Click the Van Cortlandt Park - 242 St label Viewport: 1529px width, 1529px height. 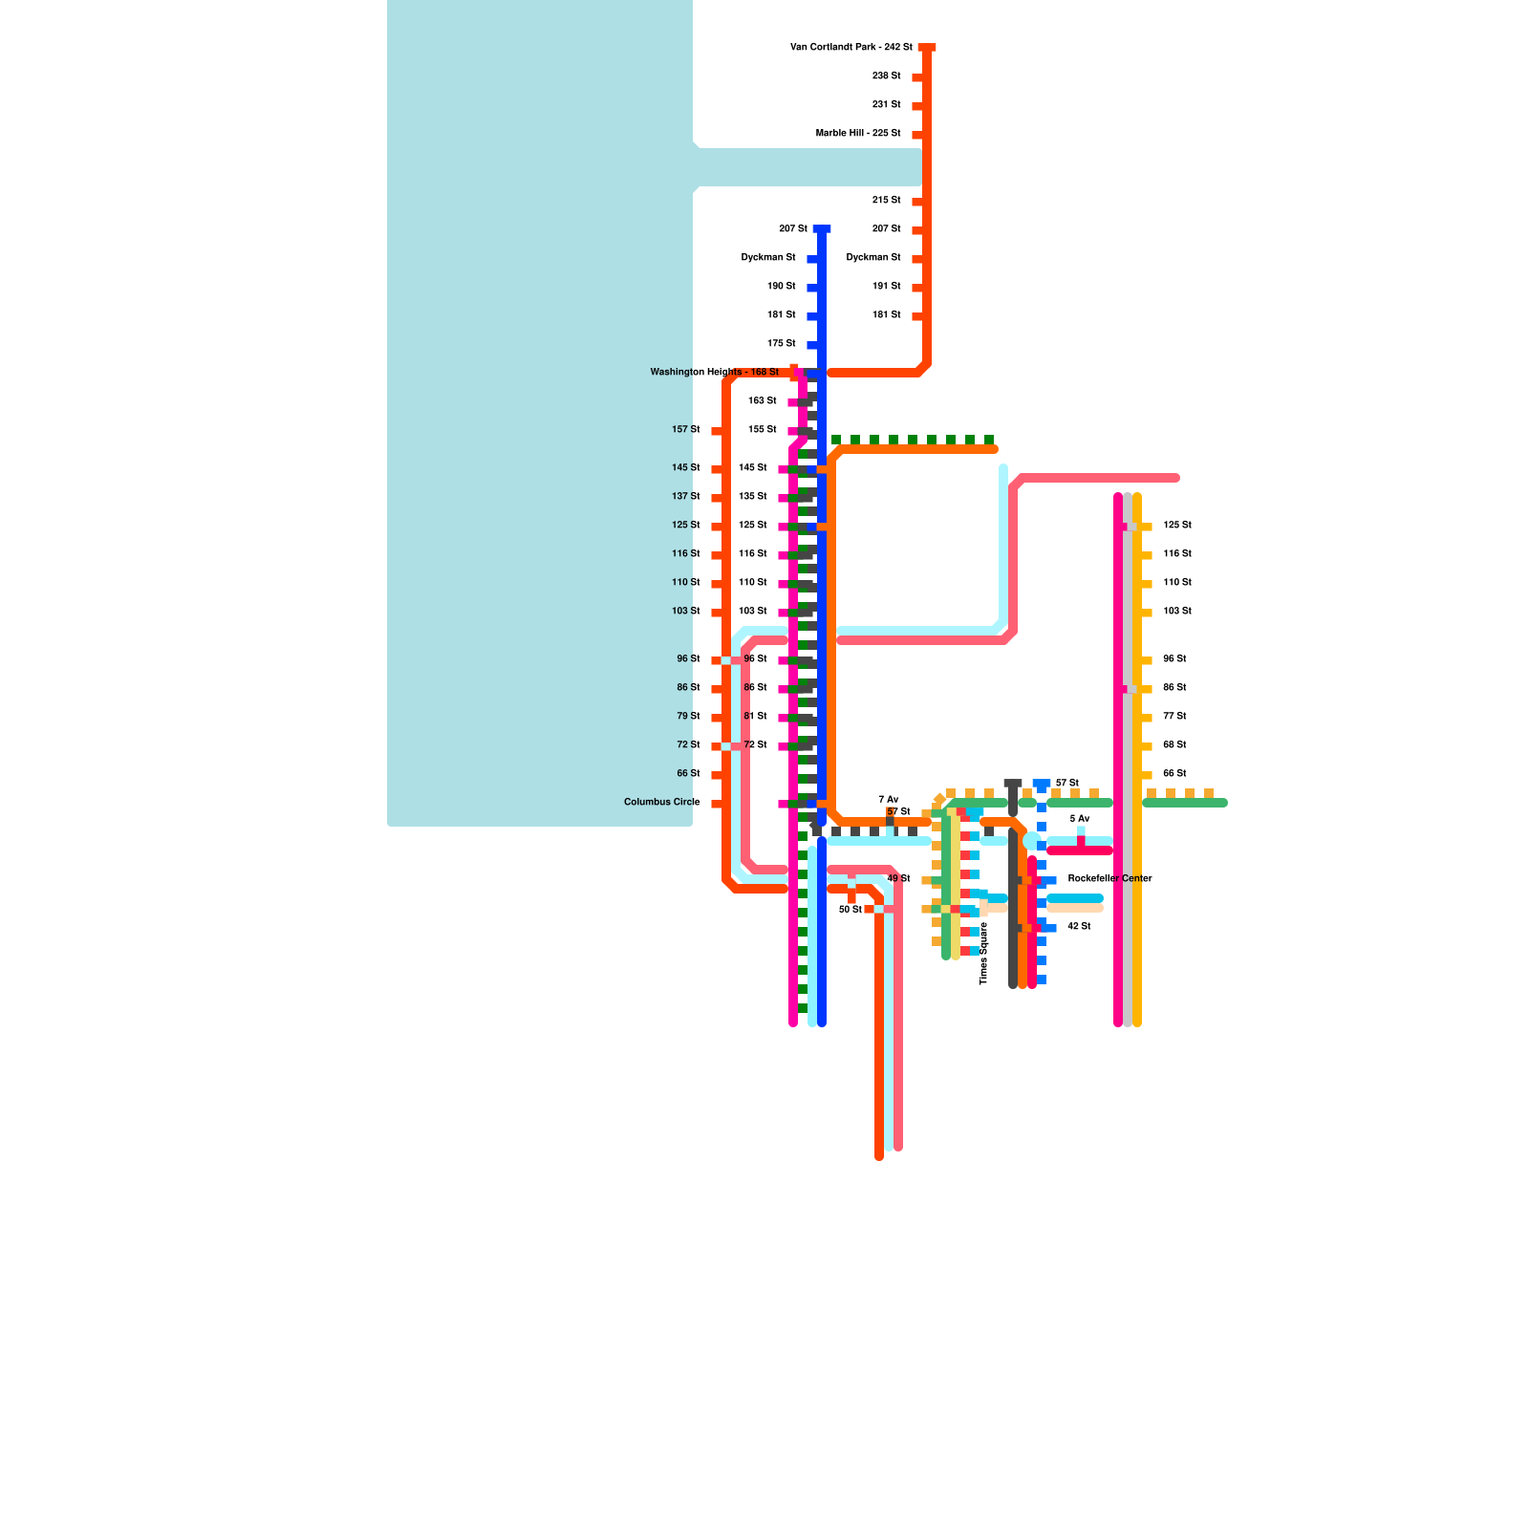click(851, 47)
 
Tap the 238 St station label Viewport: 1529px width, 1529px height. click(886, 75)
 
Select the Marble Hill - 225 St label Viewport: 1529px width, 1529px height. click(857, 133)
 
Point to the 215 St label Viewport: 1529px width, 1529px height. click(886, 200)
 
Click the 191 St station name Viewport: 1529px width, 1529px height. click(886, 286)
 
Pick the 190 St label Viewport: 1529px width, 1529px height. click(781, 286)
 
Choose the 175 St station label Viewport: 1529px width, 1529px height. click(781, 343)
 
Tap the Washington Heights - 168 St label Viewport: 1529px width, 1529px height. click(714, 372)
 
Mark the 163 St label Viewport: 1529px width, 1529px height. click(762, 400)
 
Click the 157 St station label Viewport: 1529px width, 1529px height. click(685, 429)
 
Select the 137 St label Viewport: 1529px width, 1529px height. click(685, 496)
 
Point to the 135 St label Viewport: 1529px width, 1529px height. click(752, 496)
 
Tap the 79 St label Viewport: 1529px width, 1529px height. click(688, 716)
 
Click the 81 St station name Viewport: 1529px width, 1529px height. click(755, 716)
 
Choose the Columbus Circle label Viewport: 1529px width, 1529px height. click(661, 802)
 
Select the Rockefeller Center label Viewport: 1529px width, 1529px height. click(1109, 878)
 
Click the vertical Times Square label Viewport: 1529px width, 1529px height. click(983, 953)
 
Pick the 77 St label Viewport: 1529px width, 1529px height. click(1174, 716)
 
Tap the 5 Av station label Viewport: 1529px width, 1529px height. click(1079, 818)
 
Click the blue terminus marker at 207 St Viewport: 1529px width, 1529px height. click(822, 228)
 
